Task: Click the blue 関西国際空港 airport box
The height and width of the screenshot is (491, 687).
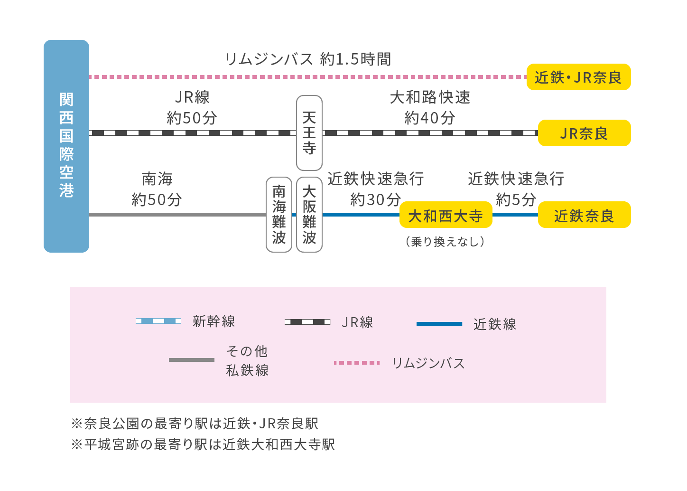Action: tap(66, 146)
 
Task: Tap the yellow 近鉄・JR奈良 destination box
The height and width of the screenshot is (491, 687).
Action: tap(578, 77)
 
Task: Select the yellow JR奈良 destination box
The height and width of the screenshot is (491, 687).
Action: tap(584, 133)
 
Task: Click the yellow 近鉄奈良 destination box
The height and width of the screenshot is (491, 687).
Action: tap(584, 215)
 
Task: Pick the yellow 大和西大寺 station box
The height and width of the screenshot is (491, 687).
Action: tap(446, 215)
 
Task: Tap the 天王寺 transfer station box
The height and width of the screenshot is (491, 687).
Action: tap(309, 133)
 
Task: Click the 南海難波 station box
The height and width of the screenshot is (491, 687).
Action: tap(279, 214)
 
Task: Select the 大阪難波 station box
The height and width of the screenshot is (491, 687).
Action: tap(309, 214)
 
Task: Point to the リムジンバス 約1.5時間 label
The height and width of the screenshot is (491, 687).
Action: tap(308, 59)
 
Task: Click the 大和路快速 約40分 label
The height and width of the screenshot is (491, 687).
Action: tap(430, 107)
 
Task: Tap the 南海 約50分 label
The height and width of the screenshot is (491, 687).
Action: tap(157, 189)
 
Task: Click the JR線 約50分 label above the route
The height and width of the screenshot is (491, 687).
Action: tap(192, 107)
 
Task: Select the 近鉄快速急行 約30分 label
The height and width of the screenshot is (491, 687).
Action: tap(375, 189)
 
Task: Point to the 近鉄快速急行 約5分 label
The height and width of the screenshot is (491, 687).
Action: tap(516, 189)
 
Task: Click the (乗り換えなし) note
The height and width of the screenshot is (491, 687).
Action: tap(445, 242)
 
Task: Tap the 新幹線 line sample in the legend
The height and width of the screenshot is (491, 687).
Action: tap(158, 321)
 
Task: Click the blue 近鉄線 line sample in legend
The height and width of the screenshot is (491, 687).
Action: tap(439, 324)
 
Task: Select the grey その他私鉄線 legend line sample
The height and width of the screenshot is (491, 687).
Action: tap(192, 360)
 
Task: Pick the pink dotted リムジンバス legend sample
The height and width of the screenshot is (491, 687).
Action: tap(357, 363)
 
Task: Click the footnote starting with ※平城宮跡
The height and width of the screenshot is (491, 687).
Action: tap(203, 444)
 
